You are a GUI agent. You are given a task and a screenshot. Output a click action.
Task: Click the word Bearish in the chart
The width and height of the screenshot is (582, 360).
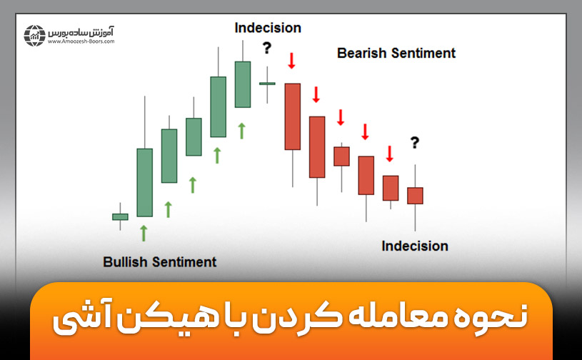[362, 53]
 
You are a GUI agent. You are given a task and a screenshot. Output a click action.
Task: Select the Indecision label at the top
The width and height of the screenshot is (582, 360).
[268, 28]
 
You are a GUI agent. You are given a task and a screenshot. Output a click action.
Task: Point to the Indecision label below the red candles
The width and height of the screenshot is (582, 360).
[415, 246]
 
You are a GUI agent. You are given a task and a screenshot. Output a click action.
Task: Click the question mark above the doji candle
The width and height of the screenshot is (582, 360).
[267, 49]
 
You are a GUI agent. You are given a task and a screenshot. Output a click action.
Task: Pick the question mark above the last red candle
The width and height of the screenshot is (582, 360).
[414, 143]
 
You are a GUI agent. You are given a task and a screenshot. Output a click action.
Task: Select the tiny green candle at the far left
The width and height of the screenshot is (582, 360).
[120, 216]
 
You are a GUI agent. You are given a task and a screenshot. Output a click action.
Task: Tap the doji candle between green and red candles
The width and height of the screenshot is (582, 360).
[267, 84]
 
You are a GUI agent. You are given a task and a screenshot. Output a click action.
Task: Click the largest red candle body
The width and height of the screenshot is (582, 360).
[292, 116]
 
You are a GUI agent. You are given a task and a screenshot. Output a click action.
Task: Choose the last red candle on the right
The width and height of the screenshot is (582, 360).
[415, 196]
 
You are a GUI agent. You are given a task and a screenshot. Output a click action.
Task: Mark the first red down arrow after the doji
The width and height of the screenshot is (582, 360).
[291, 61]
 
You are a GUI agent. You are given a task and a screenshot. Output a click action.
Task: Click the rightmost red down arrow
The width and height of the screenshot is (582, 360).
[390, 154]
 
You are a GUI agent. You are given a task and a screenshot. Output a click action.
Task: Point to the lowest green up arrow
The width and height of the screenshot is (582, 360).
[144, 232]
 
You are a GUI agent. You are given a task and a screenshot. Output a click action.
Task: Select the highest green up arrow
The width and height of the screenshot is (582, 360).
[242, 130]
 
